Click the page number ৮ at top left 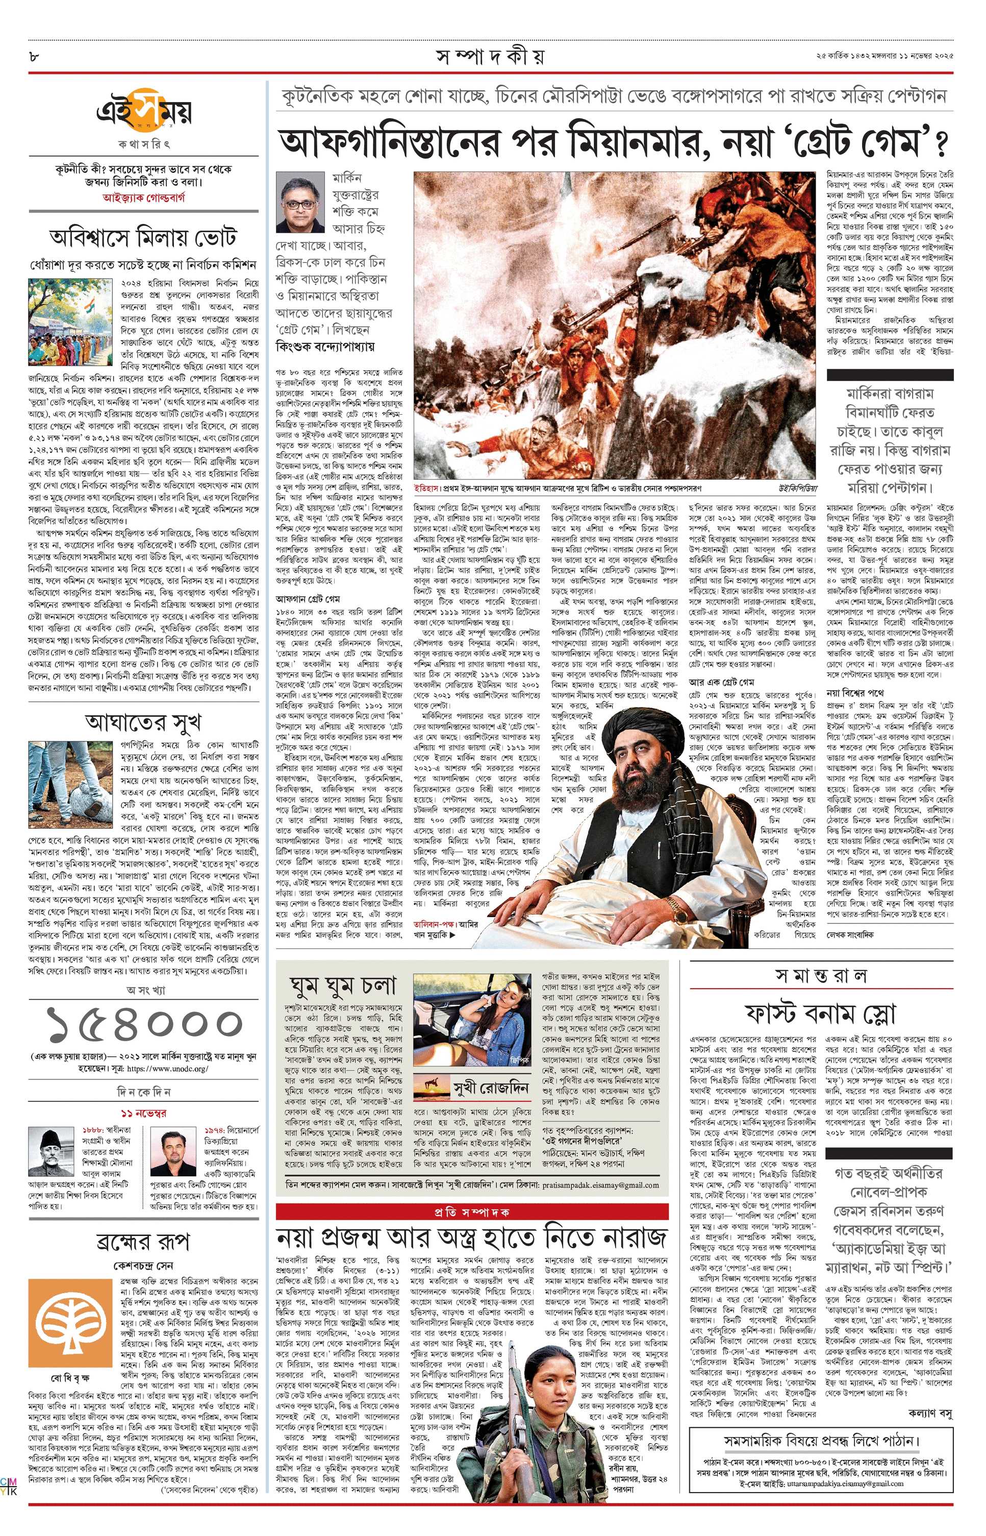click(33, 56)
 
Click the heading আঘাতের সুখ click(143, 722)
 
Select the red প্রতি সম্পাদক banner click(471, 1212)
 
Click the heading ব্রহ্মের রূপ click(143, 1242)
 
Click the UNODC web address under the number click(168, 1069)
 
